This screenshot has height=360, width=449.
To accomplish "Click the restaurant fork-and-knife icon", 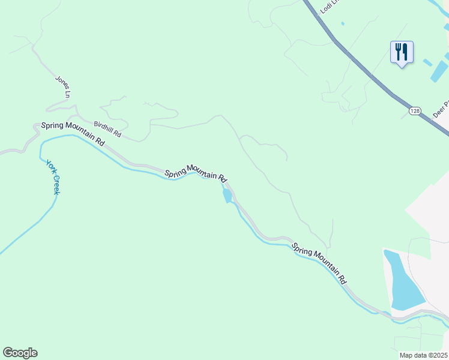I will pyautogui.click(x=402, y=52).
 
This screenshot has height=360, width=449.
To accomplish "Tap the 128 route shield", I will pyautogui.click(x=415, y=111).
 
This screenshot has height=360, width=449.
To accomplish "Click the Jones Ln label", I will pyautogui.click(x=63, y=86).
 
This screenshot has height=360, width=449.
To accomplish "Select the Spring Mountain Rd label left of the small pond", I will pyautogui.click(x=196, y=173).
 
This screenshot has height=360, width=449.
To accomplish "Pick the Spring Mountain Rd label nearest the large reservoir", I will pyautogui.click(x=319, y=263).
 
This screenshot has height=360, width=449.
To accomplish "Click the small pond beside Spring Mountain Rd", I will pyautogui.click(x=227, y=195).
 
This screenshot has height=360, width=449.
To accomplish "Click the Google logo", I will pyautogui.click(x=20, y=353).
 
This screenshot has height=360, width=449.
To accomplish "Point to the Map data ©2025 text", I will pyautogui.click(x=423, y=355).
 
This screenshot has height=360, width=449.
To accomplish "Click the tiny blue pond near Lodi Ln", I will pyautogui.click(x=343, y=23).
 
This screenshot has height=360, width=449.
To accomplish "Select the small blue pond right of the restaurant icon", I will pyautogui.click(x=427, y=62).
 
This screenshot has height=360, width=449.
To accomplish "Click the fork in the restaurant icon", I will pyautogui.click(x=397, y=52).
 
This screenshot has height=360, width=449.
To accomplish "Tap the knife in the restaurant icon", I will pyautogui.click(x=406, y=52).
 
